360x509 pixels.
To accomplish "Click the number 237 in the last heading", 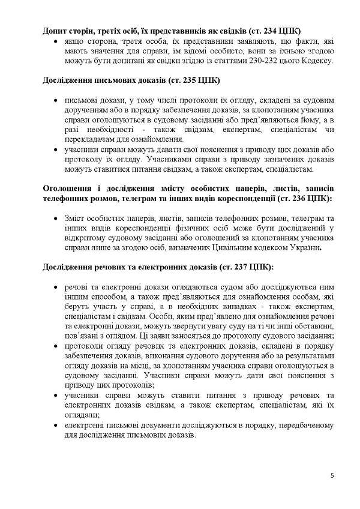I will tap(239, 265).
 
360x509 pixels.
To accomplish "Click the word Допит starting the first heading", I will tap(56, 29).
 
